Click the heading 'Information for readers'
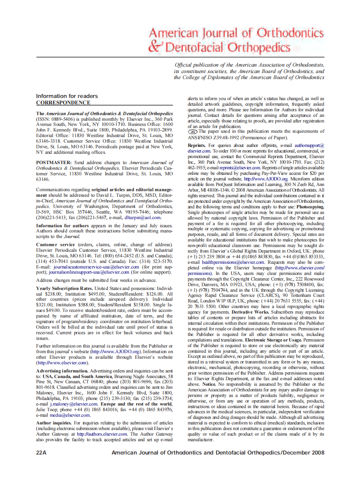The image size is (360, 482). [x=67, y=96]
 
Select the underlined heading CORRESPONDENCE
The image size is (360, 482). [x=63, y=103]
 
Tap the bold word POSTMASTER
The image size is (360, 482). [x=55, y=163]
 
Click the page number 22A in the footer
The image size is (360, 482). [x=41, y=452]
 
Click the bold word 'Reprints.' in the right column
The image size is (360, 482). [x=197, y=146]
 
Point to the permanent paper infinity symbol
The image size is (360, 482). [x=192, y=132]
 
